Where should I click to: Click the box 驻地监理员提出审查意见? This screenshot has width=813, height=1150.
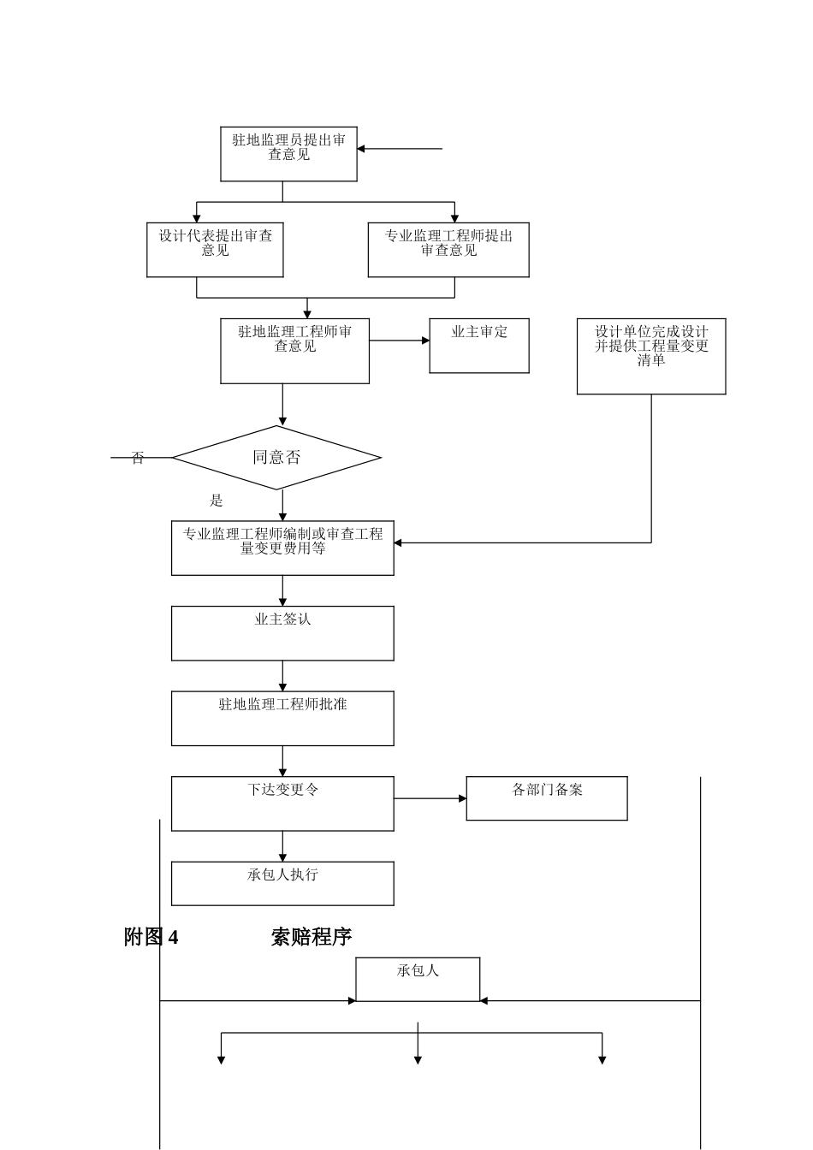tap(288, 154)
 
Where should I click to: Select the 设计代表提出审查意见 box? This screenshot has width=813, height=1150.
tap(215, 250)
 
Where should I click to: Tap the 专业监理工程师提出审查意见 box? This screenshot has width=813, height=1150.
tap(448, 250)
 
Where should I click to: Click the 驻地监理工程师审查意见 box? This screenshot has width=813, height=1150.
tap(294, 351)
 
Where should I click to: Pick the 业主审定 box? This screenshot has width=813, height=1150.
tap(479, 346)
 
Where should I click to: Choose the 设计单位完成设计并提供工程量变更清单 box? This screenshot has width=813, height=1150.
tap(651, 356)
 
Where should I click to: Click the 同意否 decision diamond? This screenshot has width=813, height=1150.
tap(276, 458)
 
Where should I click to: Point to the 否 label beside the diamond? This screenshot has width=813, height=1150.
tap(138, 459)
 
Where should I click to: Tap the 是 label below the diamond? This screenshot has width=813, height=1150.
tap(217, 501)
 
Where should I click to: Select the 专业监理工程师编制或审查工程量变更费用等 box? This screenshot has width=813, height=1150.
tap(282, 548)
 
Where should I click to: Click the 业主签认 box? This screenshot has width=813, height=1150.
tap(282, 633)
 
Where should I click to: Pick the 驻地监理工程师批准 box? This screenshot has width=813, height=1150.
tap(282, 718)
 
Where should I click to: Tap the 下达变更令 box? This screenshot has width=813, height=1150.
tap(282, 803)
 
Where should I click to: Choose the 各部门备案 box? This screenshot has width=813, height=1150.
tap(547, 798)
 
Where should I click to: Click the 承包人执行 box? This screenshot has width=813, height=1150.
tap(282, 883)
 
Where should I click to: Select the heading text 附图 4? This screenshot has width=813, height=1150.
tap(151, 937)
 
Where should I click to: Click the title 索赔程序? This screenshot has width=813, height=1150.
tap(312, 937)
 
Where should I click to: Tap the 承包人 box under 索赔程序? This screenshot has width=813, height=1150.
tap(418, 979)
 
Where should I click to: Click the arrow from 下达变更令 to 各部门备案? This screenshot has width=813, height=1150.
tap(430, 798)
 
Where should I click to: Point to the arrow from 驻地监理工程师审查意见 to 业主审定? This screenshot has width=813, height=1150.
tap(399, 341)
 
